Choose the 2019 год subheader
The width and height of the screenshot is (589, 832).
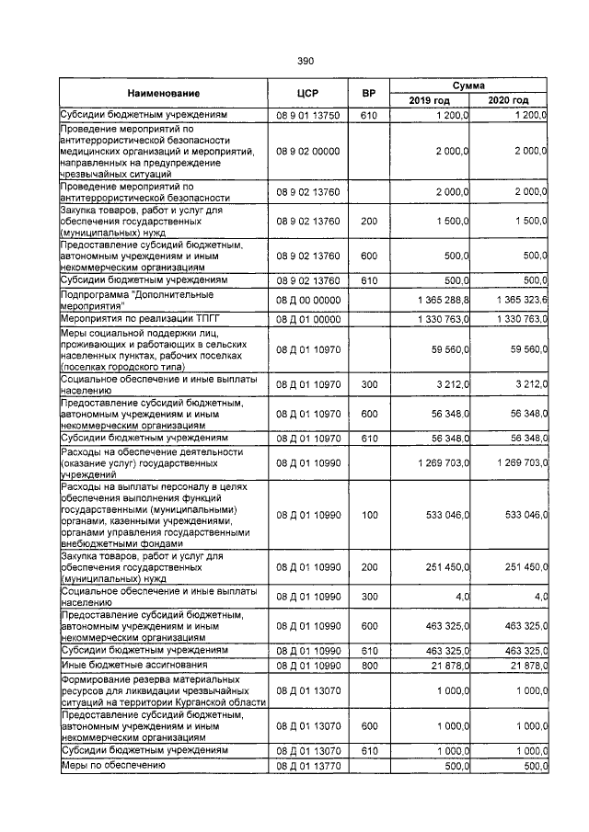click(431, 100)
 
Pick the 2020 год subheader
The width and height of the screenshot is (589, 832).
click(509, 100)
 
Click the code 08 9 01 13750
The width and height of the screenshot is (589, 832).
click(308, 116)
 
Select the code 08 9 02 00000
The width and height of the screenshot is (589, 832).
click(308, 150)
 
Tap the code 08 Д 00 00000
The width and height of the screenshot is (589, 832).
click(308, 300)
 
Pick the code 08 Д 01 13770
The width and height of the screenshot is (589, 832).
click(308, 765)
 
